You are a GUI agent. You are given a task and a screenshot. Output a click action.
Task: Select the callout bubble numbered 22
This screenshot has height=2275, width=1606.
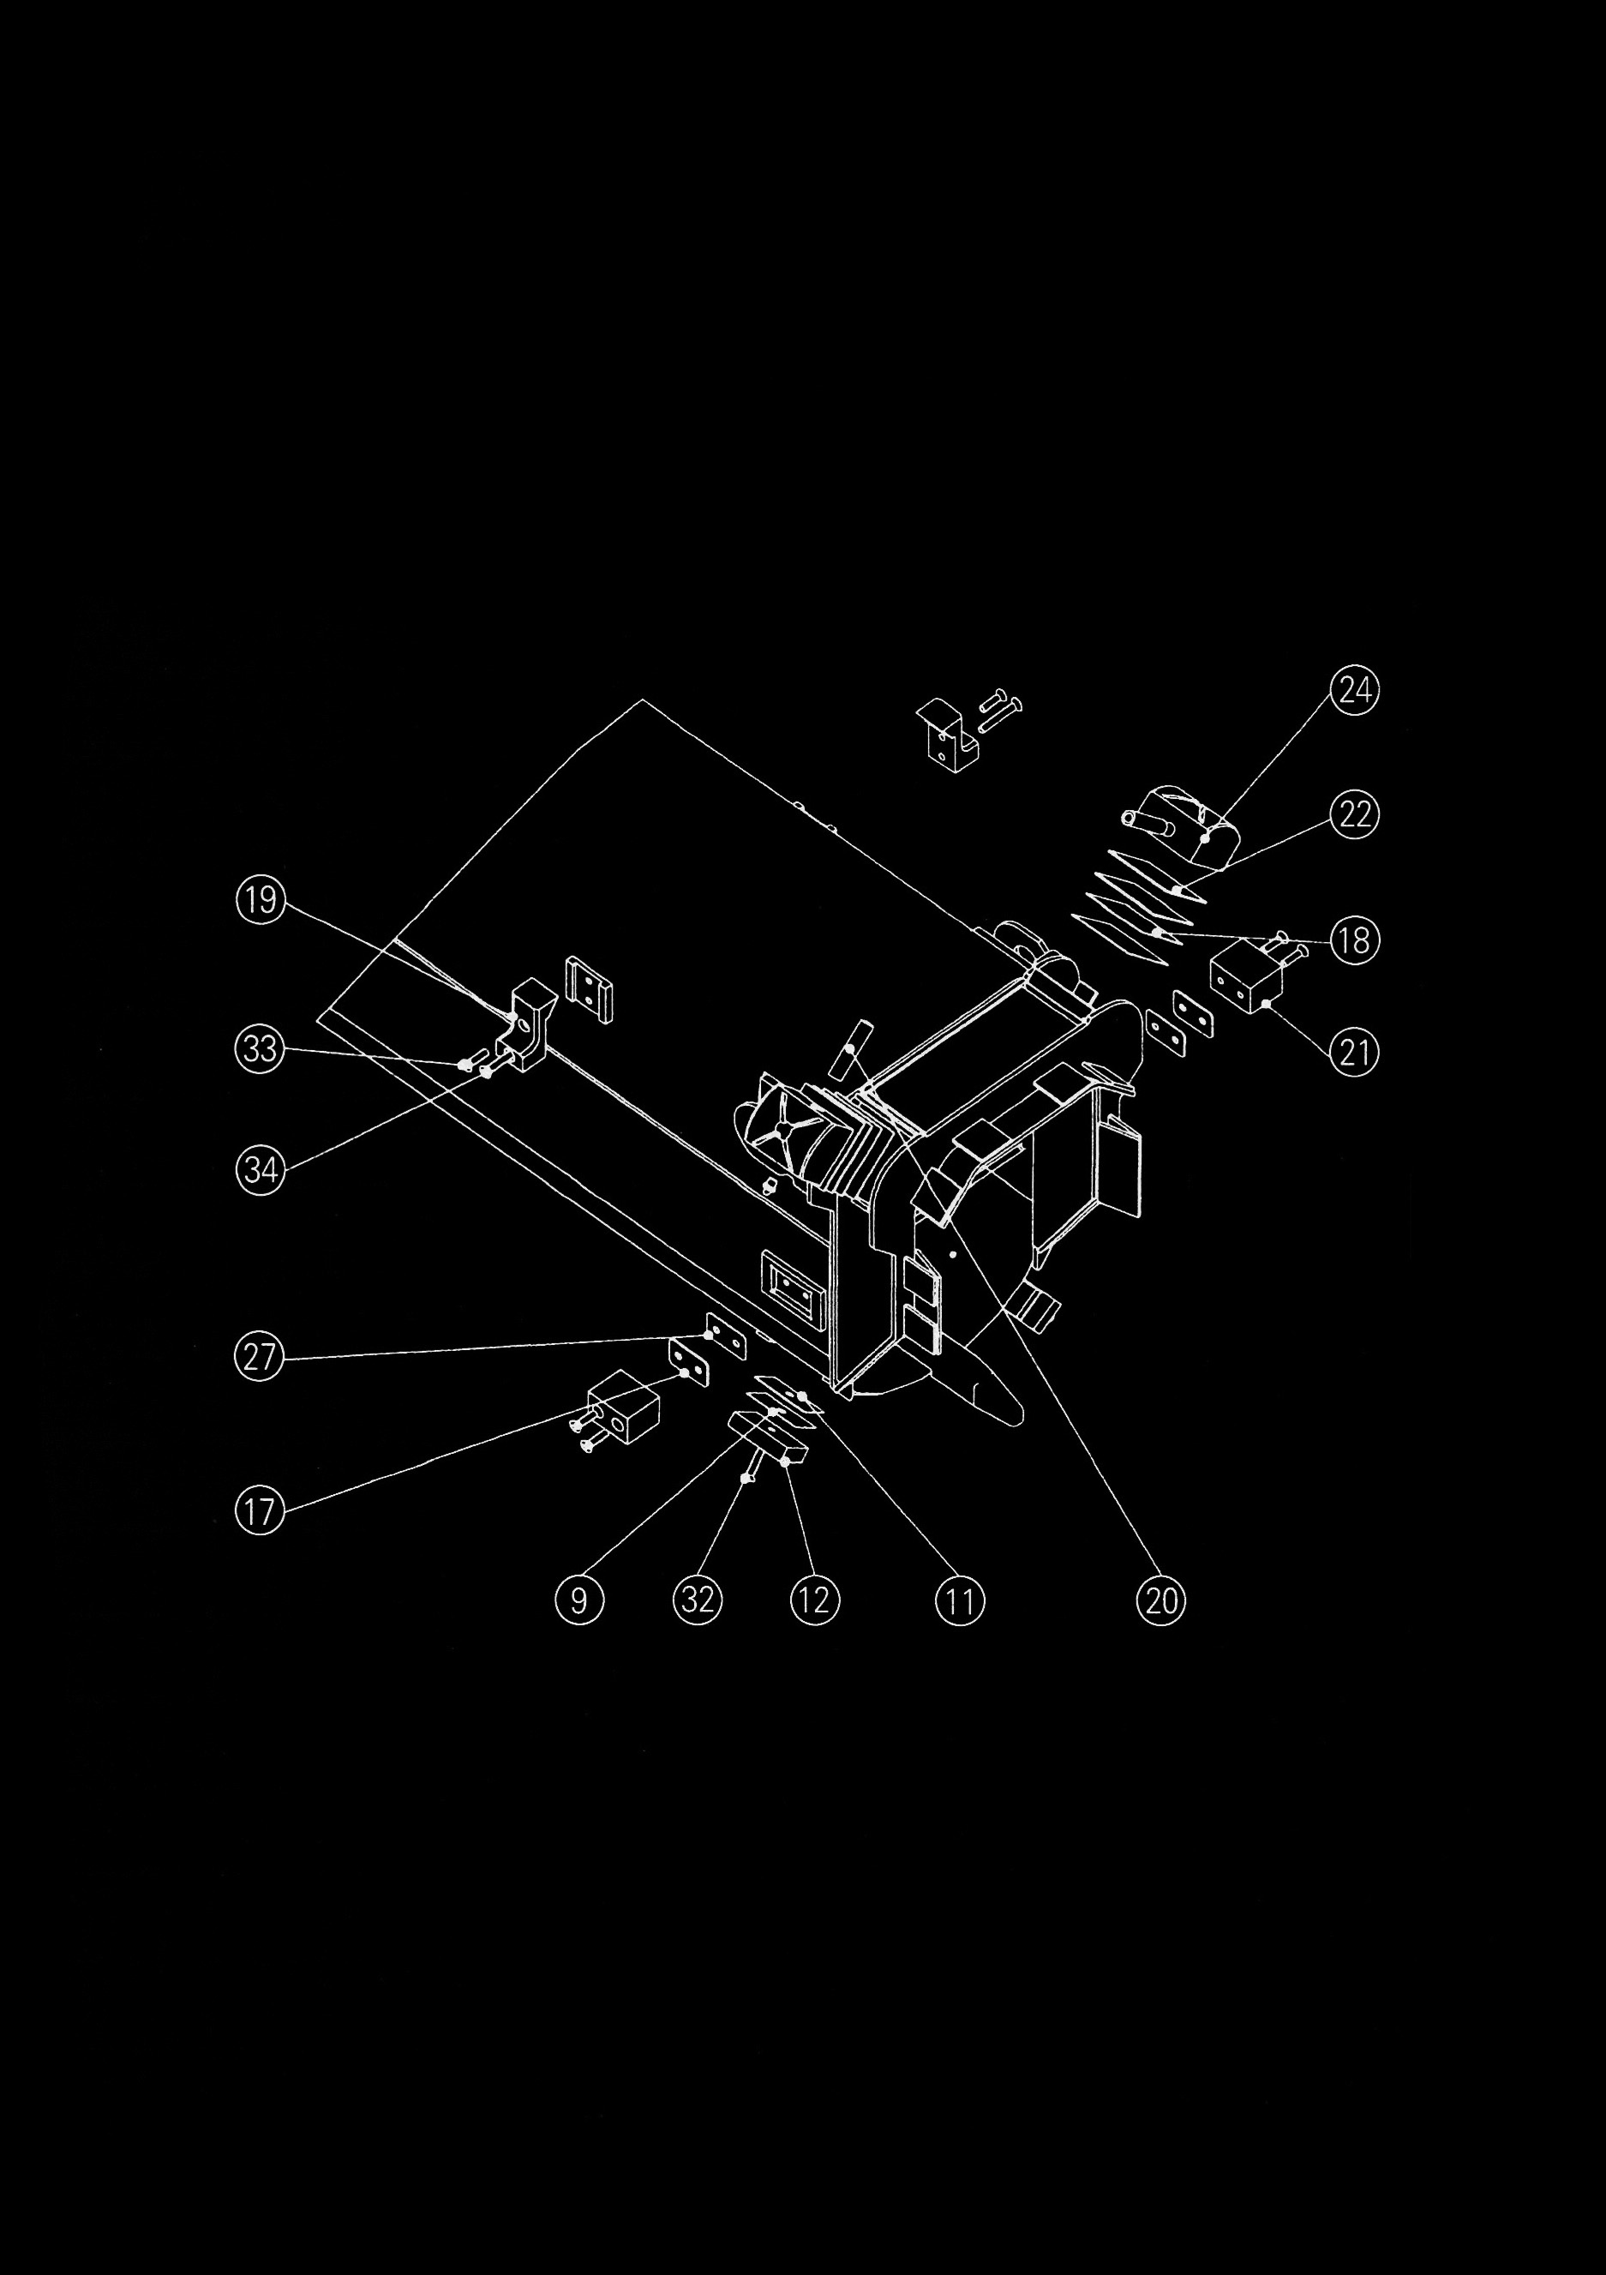(1354, 814)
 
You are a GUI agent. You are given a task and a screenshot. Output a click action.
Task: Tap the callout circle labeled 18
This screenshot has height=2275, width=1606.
(1354, 939)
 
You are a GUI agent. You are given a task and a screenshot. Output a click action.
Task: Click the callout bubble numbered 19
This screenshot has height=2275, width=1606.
(261, 900)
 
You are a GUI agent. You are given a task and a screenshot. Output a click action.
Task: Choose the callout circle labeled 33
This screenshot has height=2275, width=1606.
(260, 1047)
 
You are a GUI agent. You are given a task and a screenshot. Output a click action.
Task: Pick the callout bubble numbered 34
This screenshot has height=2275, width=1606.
(261, 1170)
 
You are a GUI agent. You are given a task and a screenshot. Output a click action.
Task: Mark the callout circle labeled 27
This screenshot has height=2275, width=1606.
(260, 1355)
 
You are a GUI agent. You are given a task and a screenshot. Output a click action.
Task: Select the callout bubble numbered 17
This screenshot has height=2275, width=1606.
(260, 1512)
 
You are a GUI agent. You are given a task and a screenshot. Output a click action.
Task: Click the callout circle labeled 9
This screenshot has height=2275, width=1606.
(579, 1600)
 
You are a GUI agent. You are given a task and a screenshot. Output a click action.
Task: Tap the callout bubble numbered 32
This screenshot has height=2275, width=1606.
(698, 1600)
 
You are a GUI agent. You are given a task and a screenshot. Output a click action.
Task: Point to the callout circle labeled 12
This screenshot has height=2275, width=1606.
(814, 1600)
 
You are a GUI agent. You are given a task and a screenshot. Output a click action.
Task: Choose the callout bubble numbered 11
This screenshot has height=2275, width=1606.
(960, 1600)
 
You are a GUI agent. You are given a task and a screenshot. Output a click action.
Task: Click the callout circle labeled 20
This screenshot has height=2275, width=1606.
(1161, 1600)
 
